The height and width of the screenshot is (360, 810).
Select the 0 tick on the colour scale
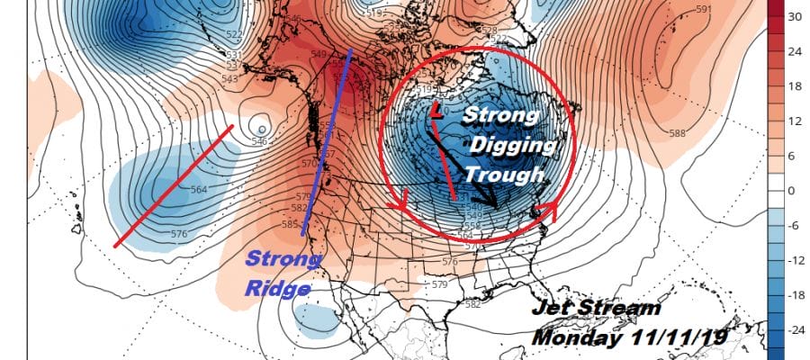click(791, 191)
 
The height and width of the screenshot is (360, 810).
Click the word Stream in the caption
click(620, 309)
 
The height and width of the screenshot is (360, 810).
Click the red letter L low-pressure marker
click(436, 112)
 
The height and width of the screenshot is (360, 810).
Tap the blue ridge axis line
click(326, 139)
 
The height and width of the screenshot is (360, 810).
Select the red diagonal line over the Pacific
click(174, 186)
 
